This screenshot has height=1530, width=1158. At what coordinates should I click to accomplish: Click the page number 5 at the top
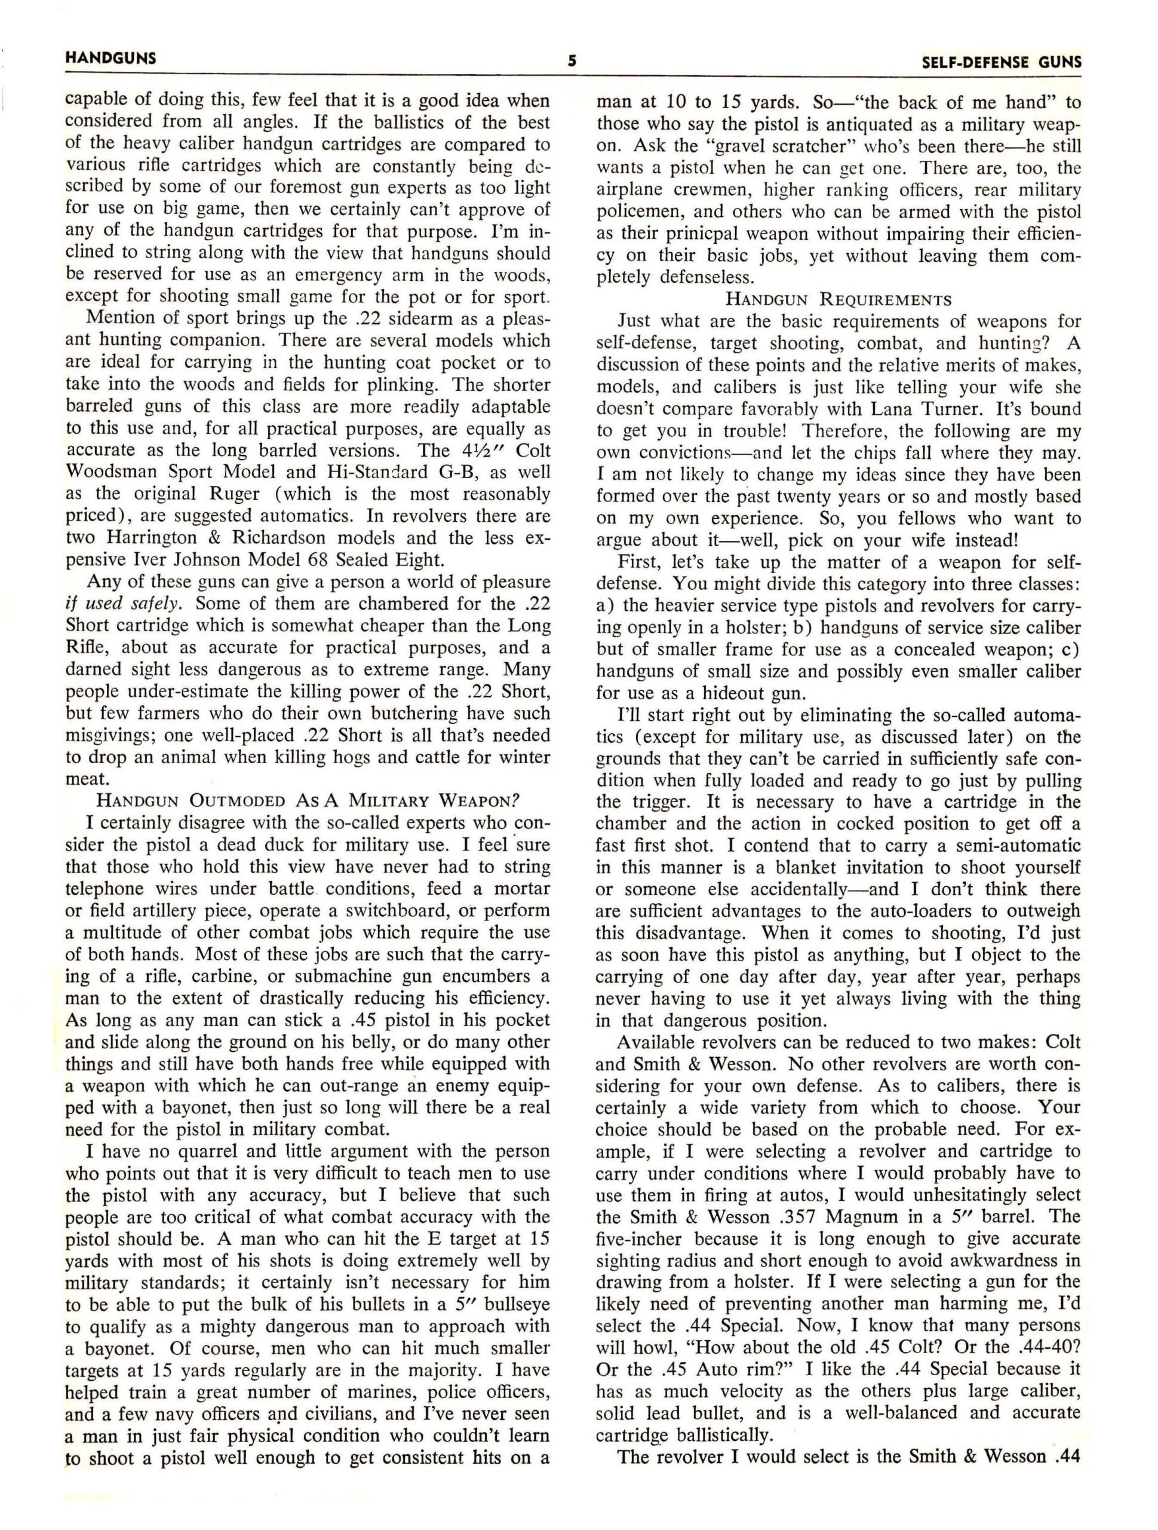(573, 61)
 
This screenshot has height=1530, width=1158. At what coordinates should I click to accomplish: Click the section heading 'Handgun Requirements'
(838, 299)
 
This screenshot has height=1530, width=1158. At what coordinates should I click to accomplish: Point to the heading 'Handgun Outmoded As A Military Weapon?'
(307, 801)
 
